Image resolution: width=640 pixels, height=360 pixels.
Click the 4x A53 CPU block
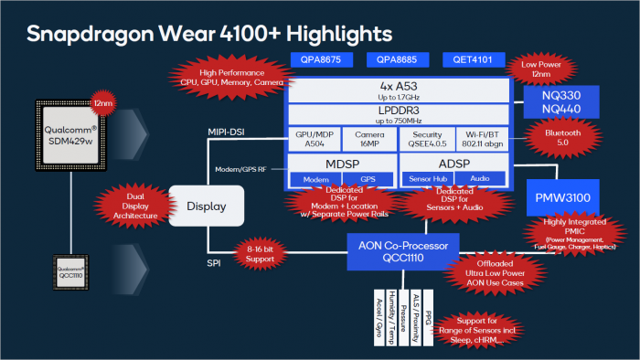[398, 90]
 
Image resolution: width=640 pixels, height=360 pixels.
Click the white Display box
[207, 206]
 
